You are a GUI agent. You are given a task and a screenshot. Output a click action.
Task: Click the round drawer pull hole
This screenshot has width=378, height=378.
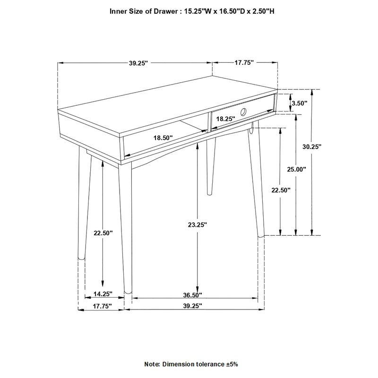coord(243,112)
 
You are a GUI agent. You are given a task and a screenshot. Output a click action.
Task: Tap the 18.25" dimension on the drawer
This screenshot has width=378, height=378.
coord(225,120)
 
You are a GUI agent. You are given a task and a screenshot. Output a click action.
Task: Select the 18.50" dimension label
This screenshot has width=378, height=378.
coord(163,137)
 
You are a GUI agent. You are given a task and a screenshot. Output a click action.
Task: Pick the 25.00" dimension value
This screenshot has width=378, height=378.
coord(297,169)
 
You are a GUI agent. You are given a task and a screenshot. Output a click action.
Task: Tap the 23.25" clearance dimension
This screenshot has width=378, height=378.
coord(198,225)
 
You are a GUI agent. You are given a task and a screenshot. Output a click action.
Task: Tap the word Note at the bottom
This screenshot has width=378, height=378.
coord(152,365)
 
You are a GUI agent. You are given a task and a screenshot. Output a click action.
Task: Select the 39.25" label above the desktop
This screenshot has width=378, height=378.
coord(138,62)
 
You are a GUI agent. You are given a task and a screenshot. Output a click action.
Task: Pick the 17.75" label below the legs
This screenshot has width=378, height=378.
coord(102,306)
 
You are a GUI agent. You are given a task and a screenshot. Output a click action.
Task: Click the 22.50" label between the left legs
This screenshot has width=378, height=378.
coord(103,233)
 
